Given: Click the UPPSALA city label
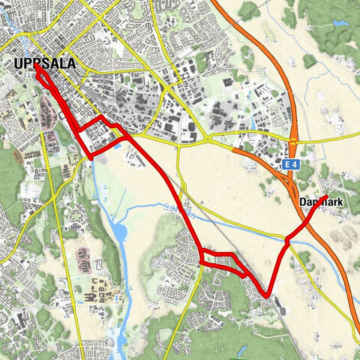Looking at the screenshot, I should tap(45, 64).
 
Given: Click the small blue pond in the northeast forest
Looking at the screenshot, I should tap(341, 23).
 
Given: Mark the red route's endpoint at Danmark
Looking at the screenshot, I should tap(325, 197).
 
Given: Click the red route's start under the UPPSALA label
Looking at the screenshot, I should tap(35, 66).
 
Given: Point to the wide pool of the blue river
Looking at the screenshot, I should tap(120, 232).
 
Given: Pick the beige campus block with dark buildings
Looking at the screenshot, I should tap(101, 289).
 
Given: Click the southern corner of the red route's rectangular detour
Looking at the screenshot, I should tap(91, 157).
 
